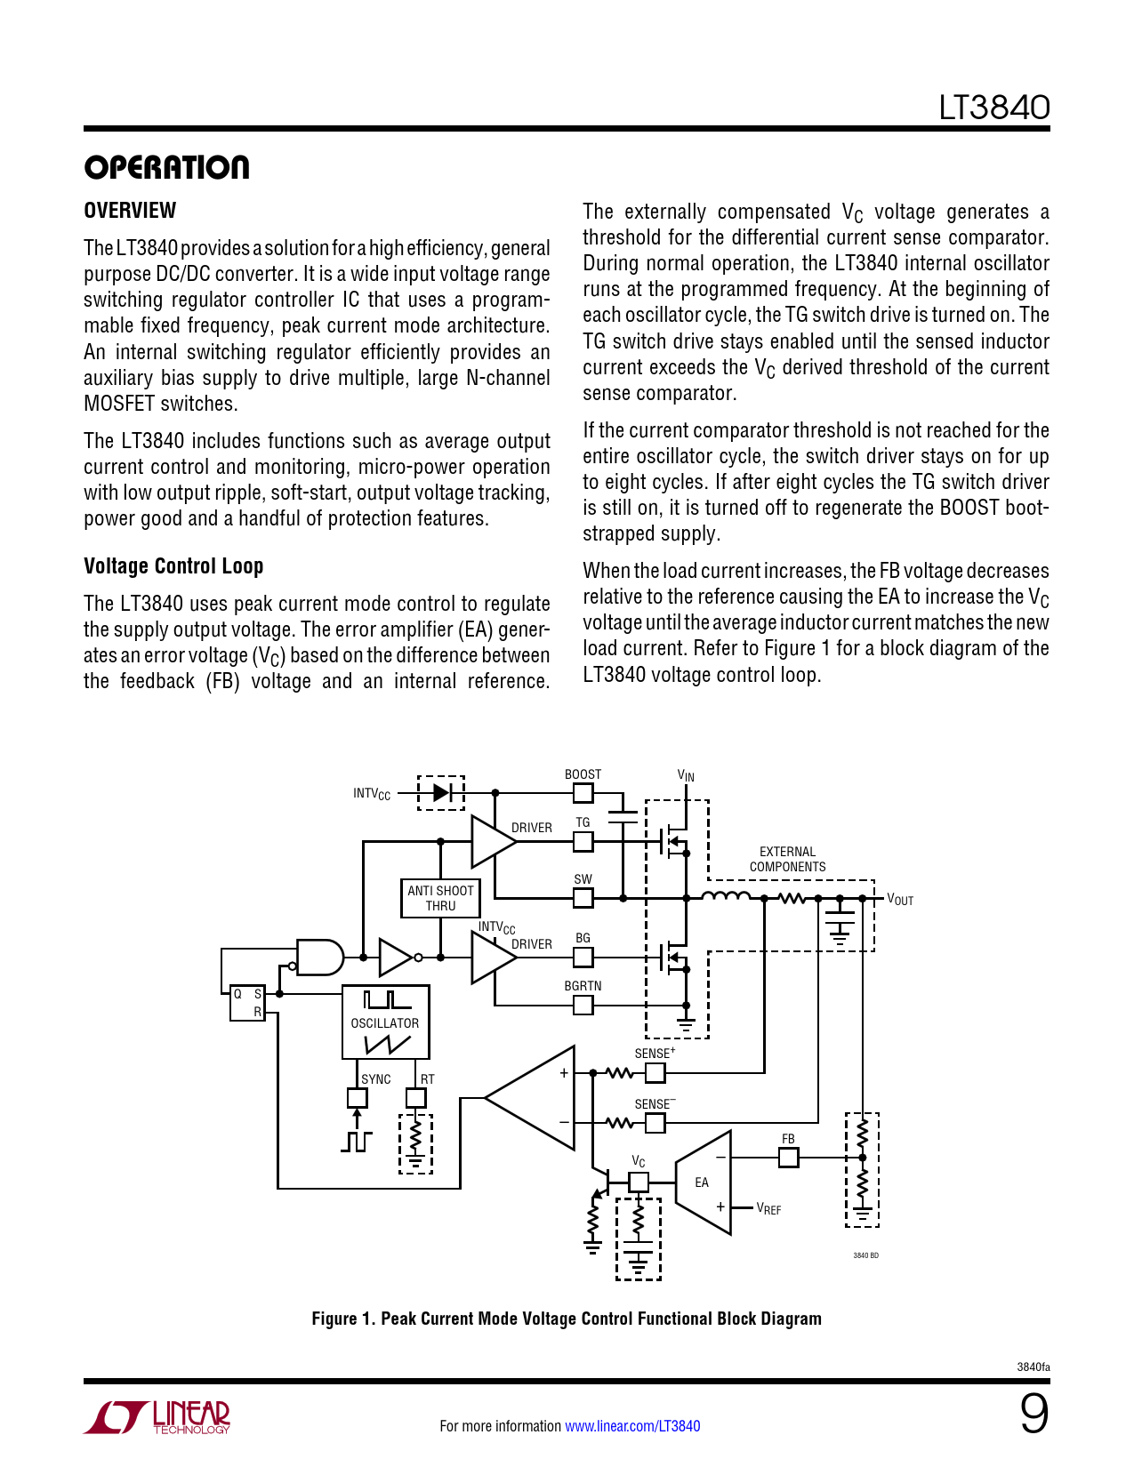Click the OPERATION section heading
(166, 167)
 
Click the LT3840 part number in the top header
(993, 108)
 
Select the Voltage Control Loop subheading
(173, 566)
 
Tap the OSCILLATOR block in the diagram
(385, 1022)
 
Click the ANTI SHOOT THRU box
(440, 898)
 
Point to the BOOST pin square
(583, 793)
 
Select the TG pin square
(583, 841)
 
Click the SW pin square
(583, 898)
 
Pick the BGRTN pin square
(583, 1005)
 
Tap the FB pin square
(788, 1158)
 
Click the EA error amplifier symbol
(704, 1182)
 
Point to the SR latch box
(247, 1003)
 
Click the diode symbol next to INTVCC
(441, 792)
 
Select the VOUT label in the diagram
(900, 900)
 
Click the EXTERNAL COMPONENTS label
(787, 859)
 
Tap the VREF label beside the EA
(768, 1209)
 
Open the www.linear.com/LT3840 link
(632, 1426)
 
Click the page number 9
(1033, 1414)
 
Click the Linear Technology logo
(157, 1417)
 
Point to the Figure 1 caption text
(567, 1319)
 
